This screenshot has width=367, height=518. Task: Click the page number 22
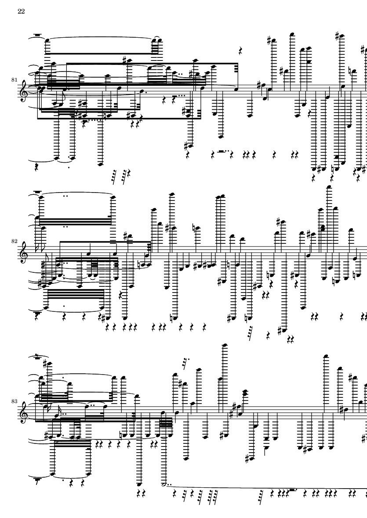click(x=21, y=11)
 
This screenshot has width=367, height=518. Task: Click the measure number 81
click(x=14, y=80)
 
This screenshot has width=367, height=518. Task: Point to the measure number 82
click(x=14, y=241)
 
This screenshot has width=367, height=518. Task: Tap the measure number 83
click(x=14, y=401)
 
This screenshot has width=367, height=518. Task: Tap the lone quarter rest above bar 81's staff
click(x=241, y=50)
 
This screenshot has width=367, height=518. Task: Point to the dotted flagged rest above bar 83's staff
click(x=186, y=362)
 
